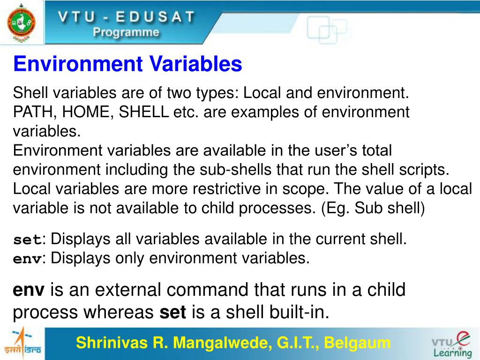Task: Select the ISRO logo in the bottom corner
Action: tap(22, 344)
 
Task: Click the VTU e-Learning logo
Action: tap(451, 344)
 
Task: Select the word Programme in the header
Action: tap(126, 32)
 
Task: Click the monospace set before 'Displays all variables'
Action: tap(27, 240)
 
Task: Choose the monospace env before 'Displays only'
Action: tap(27, 259)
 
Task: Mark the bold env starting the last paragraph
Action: tap(29, 291)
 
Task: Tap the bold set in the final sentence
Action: tap(173, 312)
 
